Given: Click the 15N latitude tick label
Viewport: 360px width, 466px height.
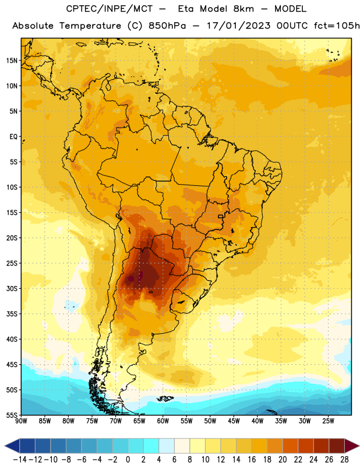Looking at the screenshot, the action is coord(12,61).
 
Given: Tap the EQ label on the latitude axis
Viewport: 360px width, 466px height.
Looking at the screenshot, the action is coord(13,137).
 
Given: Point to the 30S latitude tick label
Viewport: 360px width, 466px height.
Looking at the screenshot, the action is coord(12,288).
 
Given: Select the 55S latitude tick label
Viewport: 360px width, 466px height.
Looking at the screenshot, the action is coord(12,415).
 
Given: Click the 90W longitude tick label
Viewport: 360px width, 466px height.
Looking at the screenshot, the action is coord(21,421).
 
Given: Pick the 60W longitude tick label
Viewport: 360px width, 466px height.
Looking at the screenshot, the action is coord(163,421).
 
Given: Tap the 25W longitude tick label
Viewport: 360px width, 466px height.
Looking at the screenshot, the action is coord(328,421).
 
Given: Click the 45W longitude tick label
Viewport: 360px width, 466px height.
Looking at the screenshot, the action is coord(234,421).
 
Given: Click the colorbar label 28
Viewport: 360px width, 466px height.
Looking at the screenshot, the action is coord(344,460).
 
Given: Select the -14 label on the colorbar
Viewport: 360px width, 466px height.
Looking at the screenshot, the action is coord(20,460).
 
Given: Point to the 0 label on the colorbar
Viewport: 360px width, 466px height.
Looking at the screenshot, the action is coord(128,460).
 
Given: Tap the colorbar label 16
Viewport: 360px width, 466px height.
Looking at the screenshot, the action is coord(252,460).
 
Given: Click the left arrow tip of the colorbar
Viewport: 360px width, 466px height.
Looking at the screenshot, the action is coord(5,446).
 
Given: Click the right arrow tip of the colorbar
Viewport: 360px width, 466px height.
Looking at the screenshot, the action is coord(359,446).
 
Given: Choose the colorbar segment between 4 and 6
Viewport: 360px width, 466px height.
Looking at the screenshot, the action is coord(167,446).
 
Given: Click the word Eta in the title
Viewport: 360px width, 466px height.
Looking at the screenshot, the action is coord(186,9).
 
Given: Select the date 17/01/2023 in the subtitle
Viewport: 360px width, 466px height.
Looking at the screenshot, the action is coord(238,26).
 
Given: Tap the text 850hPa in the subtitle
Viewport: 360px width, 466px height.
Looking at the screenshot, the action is coord(167,26).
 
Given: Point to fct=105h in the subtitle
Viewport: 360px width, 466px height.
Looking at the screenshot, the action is coord(337,26).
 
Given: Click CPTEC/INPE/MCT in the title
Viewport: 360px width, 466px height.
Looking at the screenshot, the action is coord(110,9).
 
